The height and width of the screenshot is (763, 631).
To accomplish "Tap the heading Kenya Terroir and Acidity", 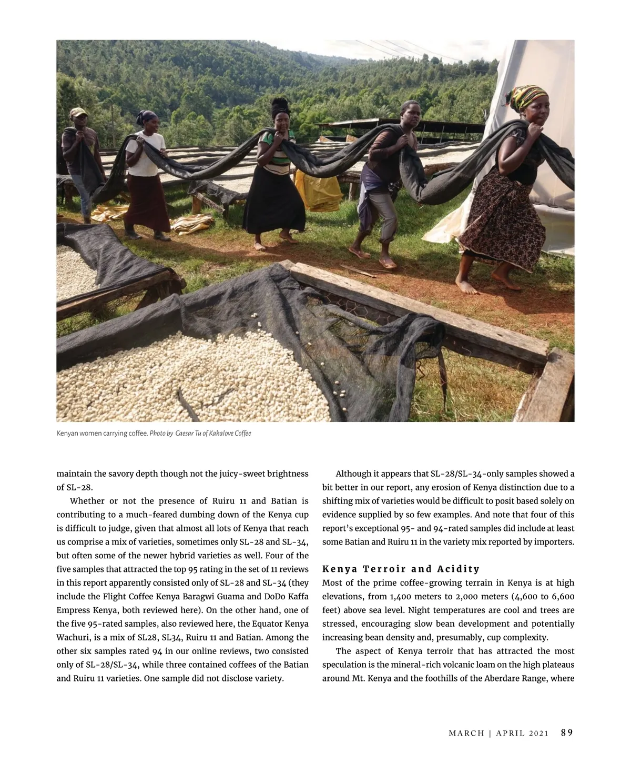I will click(401, 569).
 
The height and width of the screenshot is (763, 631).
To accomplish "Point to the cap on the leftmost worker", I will click(78, 112).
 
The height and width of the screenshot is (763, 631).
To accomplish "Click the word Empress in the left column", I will click(73, 610).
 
